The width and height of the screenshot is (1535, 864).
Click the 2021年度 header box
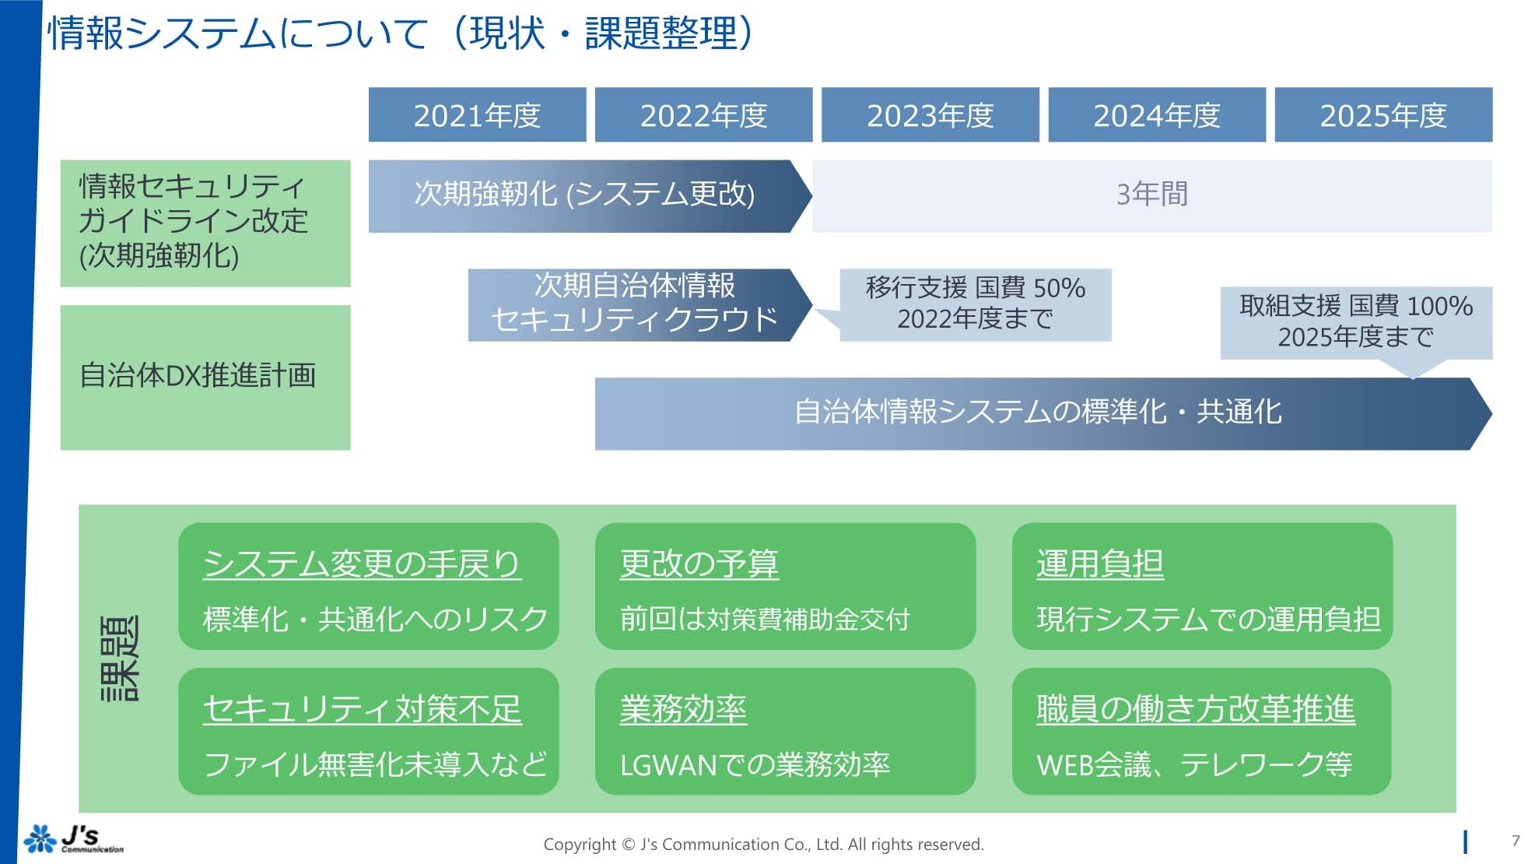tap(477, 115)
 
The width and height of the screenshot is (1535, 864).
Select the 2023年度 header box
tap(930, 115)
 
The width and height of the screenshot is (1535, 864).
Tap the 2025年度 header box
tap(1383, 115)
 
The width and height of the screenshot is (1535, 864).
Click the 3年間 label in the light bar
tap(1151, 195)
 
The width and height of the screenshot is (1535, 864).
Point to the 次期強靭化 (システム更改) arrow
tap(584, 195)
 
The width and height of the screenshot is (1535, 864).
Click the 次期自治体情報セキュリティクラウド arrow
tap(634, 304)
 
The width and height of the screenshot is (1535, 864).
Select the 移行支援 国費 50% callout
tap(975, 304)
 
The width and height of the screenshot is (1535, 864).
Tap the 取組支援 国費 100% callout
tap(1355, 321)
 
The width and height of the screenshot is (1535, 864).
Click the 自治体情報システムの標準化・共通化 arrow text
tap(1037, 413)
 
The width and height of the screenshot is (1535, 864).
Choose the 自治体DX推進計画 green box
tap(205, 377)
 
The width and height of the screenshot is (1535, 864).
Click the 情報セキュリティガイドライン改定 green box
tap(205, 223)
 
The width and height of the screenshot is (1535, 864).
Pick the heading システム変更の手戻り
tap(362, 564)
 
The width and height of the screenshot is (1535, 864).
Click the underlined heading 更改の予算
tap(699, 564)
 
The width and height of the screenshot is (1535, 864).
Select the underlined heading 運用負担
tap(1099, 564)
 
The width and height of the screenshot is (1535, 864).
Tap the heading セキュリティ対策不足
tap(362, 709)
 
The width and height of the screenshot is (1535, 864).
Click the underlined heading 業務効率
tap(682, 709)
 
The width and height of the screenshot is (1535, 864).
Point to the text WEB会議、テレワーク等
tap(1193, 765)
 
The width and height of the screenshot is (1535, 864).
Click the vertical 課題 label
tap(121, 659)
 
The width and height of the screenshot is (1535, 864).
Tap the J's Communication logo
tap(74, 838)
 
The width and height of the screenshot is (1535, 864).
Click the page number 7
tap(1515, 840)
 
